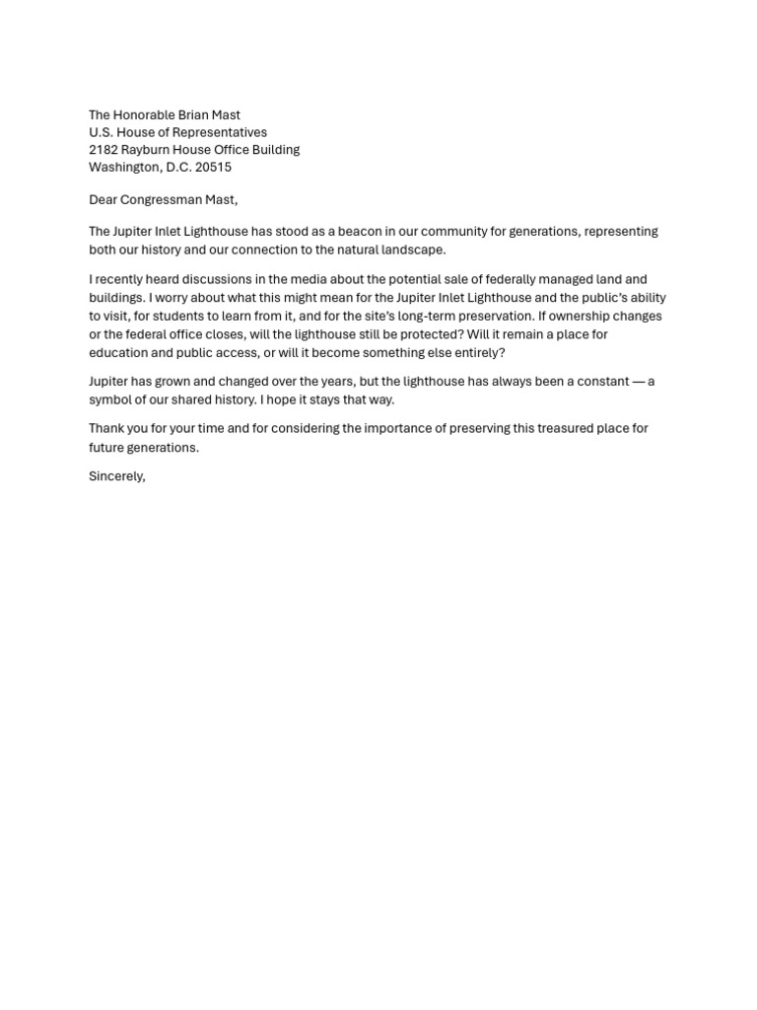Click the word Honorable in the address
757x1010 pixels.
[x=148, y=115]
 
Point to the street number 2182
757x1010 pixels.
[x=103, y=150]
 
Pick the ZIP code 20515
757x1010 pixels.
[x=214, y=168]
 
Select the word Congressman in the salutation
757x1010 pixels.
[x=162, y=200]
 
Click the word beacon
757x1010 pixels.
[x=361, y=232]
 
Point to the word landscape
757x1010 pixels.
[x=409, y=250]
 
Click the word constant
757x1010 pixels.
[x=595, y=382]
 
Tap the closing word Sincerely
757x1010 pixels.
[x=117, y=477]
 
